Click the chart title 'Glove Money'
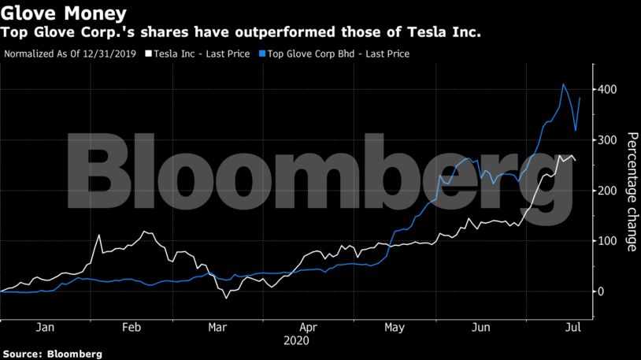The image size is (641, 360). click(x=63, y=13)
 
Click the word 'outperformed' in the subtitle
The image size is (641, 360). click(x=284, y=32)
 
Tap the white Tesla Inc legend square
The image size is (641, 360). click(x=148, y=54)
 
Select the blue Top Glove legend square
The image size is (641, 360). click(x=262, y=54)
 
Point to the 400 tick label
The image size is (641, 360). click(x=606, y=89)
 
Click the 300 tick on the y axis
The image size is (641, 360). click(x=606, y=140)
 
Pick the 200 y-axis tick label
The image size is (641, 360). click(x=606, y=191)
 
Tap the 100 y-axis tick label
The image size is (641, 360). click(x=606, y=241)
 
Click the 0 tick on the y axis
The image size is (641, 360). click(x=601, y=291)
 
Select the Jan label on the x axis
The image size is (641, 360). click(x=45, y=327)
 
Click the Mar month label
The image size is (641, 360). click(x=217, y=327)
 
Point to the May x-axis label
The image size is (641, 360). click(x=395, y=328)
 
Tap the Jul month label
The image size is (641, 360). click(x=573, y=327)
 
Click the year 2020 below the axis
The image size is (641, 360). click(x=296, y=341)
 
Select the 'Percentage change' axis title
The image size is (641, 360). click(x=632, y=191)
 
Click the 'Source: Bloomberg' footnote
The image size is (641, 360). click(x=52, y=354)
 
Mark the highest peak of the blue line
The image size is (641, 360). click(x=563, y=84)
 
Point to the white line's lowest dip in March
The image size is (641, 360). click(x=226, y=298)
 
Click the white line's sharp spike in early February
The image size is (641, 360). click(x=98, y=236)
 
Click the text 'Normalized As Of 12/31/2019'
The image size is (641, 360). click(x=70, y=54)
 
